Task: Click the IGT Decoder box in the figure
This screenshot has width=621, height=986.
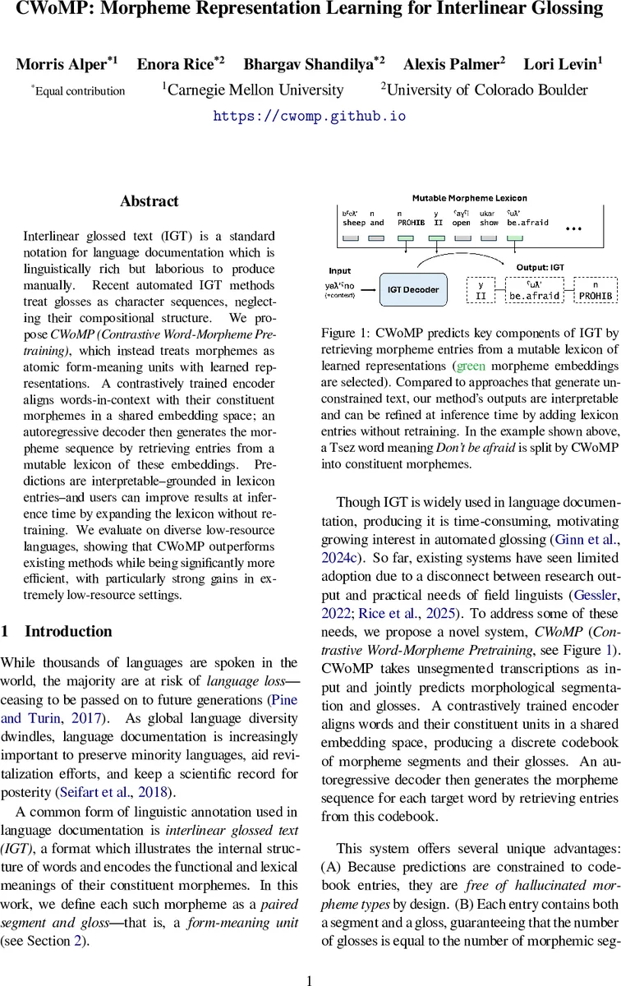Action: (x=413, y=289)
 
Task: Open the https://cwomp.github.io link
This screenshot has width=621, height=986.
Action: (x=310, y=116)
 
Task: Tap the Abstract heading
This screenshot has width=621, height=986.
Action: (x=149, y=201)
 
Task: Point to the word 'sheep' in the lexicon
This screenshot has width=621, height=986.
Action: (x=353, y=223)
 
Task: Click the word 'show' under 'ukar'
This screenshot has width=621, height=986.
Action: (x=488, y=223)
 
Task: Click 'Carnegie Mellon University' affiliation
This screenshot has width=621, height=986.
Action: (x=254, y=90)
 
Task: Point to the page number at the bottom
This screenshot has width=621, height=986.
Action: (x=310, y=958)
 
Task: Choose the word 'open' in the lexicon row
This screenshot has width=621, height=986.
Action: (x=461, y=223)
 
